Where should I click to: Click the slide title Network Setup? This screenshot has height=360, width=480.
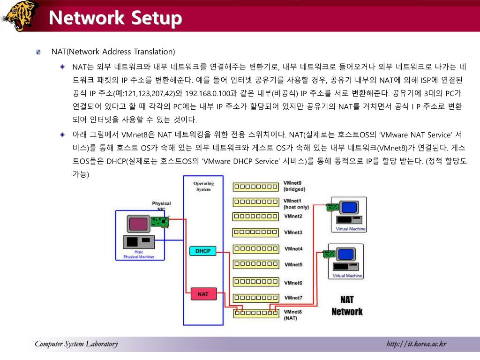115,18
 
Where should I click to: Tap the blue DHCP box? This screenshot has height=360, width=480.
203,251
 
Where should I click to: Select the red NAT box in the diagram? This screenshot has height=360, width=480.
203,294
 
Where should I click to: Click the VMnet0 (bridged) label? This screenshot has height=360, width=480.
294,186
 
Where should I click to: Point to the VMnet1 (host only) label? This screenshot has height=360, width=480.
296,204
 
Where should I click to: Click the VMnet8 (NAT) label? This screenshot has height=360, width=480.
292,315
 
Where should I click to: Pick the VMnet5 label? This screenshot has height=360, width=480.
293,265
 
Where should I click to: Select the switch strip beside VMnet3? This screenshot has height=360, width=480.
255,232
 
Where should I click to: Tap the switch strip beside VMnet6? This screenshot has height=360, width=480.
255,282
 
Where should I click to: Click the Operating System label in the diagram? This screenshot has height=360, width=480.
203,186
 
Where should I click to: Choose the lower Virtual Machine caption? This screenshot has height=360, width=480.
347,276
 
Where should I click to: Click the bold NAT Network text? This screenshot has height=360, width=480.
347,306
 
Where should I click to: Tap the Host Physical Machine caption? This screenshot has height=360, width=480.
138,255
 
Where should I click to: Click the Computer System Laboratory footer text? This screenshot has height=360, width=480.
76,345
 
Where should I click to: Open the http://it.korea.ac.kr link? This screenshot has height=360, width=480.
416,345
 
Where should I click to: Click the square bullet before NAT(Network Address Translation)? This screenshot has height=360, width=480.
39,52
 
